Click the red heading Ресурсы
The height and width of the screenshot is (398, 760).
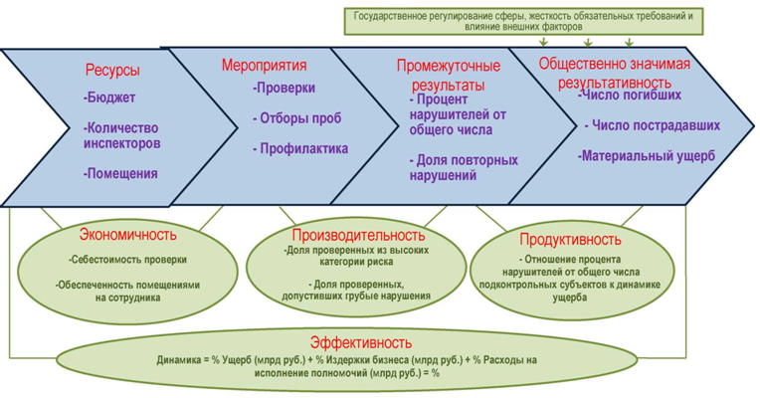(112, 70)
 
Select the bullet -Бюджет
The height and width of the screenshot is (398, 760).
(109, 98)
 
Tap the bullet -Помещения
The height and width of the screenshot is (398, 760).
(120, 173)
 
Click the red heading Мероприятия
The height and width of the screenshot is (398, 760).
(265, 65)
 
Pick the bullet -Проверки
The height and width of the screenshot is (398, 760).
(285, 88)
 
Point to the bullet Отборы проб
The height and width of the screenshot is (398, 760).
(297, 117)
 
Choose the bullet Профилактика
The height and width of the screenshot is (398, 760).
(300, 148)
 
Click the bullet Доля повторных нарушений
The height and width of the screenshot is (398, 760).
(464, 168)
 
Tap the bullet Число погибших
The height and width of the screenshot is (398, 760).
(630, 95)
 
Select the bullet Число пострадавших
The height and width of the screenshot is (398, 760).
(653, 125)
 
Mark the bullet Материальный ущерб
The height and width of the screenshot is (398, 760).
(646, 156)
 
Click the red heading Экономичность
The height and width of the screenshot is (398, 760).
(128, 235)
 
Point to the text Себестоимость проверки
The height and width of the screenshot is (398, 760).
(127, 260)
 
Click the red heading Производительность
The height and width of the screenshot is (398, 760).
(358, 235)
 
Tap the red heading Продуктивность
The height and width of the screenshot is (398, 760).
(570, 240)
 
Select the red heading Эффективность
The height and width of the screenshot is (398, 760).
(361, 342)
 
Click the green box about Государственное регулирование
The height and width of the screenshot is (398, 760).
(523, 21)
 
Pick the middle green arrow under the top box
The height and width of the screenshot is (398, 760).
(588, 42)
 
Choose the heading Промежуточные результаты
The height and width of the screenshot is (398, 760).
(449, 76)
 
